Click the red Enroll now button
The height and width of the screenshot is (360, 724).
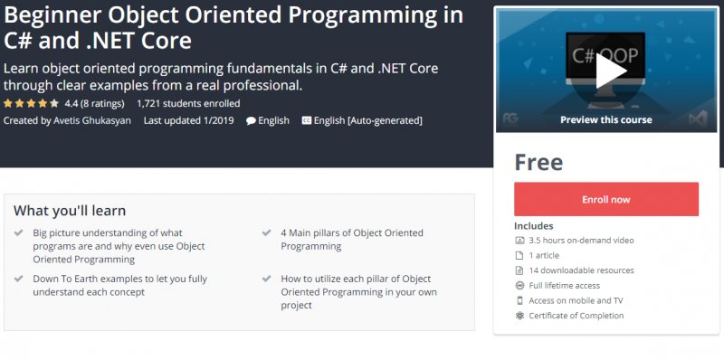point(606,199)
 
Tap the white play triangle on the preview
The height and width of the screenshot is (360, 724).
point(610,71)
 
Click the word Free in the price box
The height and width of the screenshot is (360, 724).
point(538,163)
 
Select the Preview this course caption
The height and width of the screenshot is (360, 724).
point(606,120)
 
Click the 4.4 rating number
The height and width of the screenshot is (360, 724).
point(71,103)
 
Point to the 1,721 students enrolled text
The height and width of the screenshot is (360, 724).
point(188,103)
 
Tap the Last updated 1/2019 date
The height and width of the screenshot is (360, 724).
point(188,120)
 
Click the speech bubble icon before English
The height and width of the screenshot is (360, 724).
point(251,121)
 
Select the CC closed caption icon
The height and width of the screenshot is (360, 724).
point(306,120)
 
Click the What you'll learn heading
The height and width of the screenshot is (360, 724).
point(70,211)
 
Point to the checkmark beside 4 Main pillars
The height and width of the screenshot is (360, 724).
point(266,232)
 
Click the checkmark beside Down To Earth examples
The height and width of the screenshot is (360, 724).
point(18,279)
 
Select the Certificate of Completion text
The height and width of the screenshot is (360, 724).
point(576,316)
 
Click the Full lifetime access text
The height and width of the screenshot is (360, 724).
point(565,286)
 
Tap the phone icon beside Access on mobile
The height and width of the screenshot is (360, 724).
point(519,300)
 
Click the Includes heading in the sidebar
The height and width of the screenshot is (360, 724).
point(534,226)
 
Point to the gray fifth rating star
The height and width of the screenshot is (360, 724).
point(54,103)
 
